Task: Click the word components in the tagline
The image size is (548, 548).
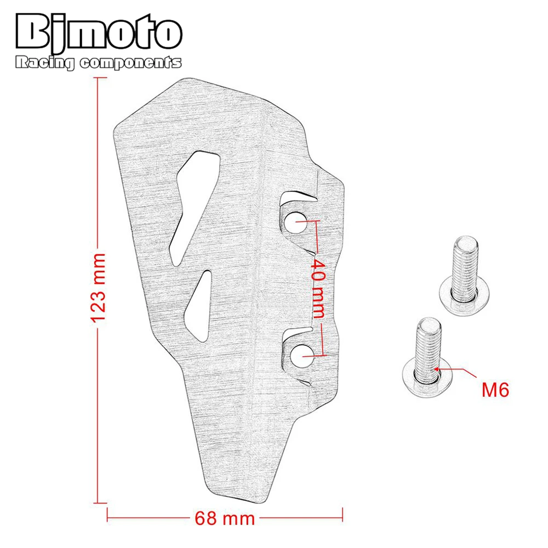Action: (131, 63)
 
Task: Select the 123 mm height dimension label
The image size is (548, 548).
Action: (98, 287)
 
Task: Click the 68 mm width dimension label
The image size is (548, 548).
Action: (225, 518)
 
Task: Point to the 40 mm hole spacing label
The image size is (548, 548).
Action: (318, 288)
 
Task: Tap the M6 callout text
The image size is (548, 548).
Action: (495, 390)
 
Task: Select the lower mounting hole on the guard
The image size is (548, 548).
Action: (301, 356)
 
